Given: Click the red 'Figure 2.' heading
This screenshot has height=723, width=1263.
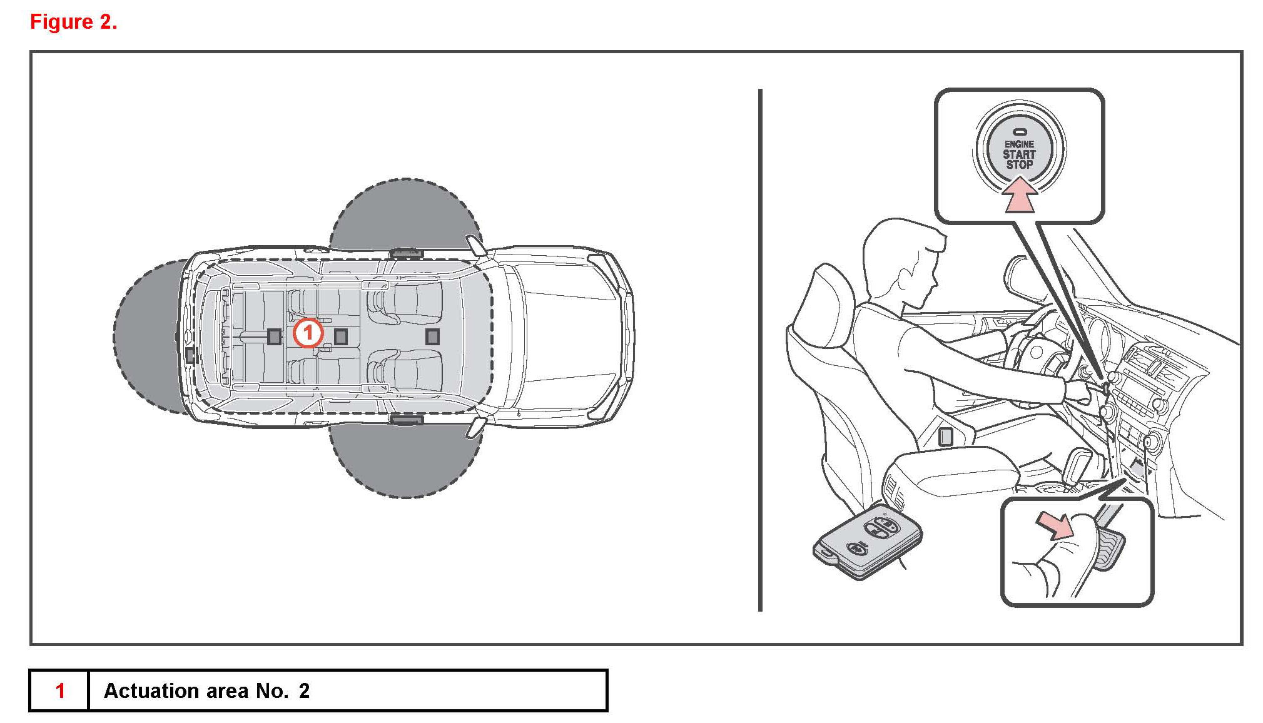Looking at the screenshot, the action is pyautogui.click(x=73, y=22).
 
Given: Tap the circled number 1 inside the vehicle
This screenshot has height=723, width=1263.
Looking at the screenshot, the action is pyautogui.click(x=307, y=333).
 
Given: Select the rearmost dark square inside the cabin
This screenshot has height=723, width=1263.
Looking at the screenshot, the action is pyautogui.click(x=274, y=336).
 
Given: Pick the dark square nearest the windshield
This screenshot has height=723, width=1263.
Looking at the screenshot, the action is pyautogui.click(x=432, y=337).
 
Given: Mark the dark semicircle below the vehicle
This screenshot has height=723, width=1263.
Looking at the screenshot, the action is pyautogui.click(x=405, y=460).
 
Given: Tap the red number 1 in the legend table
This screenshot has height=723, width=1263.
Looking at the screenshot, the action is pyautogui.click(x=60, y=690).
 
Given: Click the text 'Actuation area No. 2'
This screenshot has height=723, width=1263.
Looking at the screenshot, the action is pyautogui.click(x=206, y=690).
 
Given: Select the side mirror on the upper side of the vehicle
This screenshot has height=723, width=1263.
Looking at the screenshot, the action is pyautogui.click(x=475, y=245).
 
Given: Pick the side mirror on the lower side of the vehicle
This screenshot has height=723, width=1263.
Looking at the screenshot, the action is pyautogui.click(x=475, y=428).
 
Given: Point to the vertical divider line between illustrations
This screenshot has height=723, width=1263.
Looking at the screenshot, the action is pyautogui.click(x=760, y=350).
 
